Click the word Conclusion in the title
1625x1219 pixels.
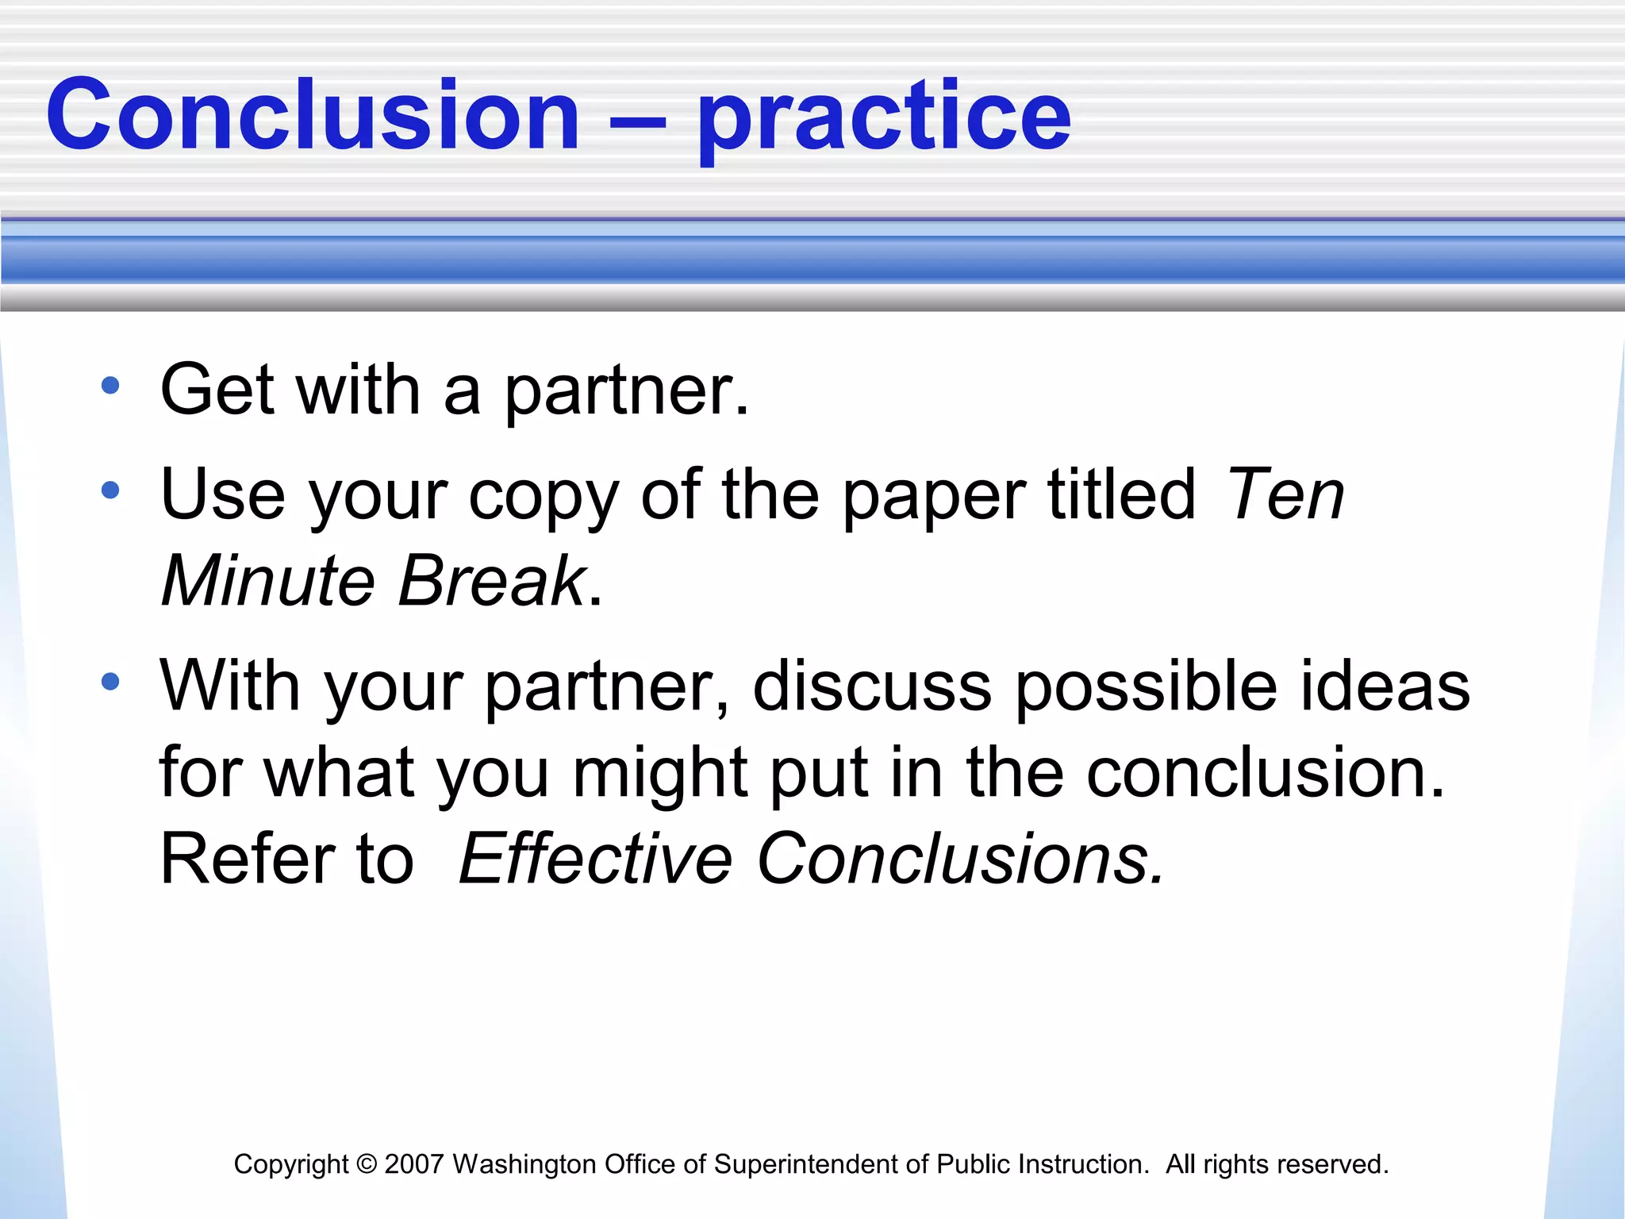coord(313,115)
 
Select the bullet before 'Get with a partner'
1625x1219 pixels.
coord(110,386)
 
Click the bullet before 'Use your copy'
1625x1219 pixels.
coord(110,490)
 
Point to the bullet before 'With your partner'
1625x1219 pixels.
coord(110,681)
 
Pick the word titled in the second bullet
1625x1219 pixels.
coord(1121,494)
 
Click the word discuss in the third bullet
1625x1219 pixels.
coord(871,686)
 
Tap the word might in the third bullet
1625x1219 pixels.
coord(659,773)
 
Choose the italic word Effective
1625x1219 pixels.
coord(595,859)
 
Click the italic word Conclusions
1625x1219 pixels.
coord(960,859)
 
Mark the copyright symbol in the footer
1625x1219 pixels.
coord(367,1164)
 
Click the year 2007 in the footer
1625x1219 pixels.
coord(413,1164)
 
